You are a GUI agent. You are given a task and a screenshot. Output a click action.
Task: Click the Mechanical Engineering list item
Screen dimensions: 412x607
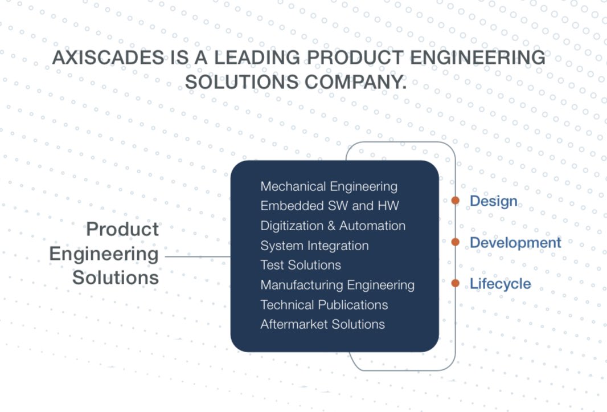click(329, 186)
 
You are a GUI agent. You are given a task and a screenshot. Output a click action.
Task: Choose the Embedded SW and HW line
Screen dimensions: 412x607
click(330, 206)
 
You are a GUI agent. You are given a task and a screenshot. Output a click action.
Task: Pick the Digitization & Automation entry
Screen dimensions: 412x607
click(333, 226)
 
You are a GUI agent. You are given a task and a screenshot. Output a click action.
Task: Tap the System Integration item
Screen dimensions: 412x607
click(314, 246)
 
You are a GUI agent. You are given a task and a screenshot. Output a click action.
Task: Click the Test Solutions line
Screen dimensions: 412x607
click(301, 265)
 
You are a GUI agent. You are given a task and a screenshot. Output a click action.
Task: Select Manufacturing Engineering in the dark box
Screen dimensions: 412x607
click(337, 285)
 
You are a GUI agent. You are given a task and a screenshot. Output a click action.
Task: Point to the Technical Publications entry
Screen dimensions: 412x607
click(324, 305)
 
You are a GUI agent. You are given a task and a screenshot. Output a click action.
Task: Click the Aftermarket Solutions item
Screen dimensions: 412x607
click(322, 324)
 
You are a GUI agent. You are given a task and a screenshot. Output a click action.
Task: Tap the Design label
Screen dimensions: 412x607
click(493, 201)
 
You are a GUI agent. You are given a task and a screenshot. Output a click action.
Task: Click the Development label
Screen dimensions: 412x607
click(515, 243)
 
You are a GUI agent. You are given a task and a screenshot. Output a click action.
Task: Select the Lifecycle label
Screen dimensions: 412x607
click(500, 284)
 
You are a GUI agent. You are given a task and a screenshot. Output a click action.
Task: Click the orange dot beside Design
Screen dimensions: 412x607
click(456, 201)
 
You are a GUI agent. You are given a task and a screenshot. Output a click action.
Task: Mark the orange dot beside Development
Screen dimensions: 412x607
click(456, 242)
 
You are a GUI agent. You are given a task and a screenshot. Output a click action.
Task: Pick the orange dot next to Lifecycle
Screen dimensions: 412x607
click(456, 283)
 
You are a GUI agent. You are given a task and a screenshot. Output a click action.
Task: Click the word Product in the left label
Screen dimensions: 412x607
click(122, 230)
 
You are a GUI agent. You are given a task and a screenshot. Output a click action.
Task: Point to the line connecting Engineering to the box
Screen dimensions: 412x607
click(197, 256)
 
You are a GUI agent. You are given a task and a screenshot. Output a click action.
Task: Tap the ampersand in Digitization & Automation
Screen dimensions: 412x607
click(331, 226)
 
